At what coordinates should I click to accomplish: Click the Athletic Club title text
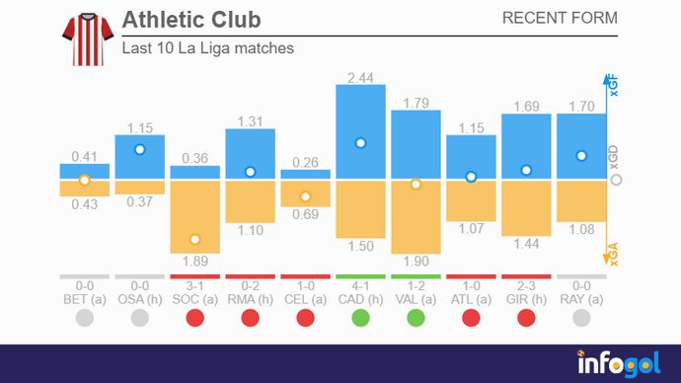coord(192,20)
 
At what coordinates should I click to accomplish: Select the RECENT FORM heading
coord(560,18)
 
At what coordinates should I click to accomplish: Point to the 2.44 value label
coord(361,76)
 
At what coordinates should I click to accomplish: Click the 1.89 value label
coord(195,262)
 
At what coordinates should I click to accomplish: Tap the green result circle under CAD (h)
coord(361,318)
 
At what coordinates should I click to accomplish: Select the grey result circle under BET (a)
coord(84,318)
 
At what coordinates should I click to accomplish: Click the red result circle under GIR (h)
coord(527,318)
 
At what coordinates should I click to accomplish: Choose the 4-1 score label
coord(361,285)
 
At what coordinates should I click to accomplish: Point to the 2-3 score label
coord(527,285)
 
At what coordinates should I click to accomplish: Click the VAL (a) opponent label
coord(416,298)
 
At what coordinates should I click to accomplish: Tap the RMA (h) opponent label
coord(251,298)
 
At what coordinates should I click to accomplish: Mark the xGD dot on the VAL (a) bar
coord(416,184)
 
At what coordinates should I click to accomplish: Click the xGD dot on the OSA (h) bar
coord(139,149)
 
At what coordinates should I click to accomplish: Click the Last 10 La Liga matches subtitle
coord(207,47)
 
